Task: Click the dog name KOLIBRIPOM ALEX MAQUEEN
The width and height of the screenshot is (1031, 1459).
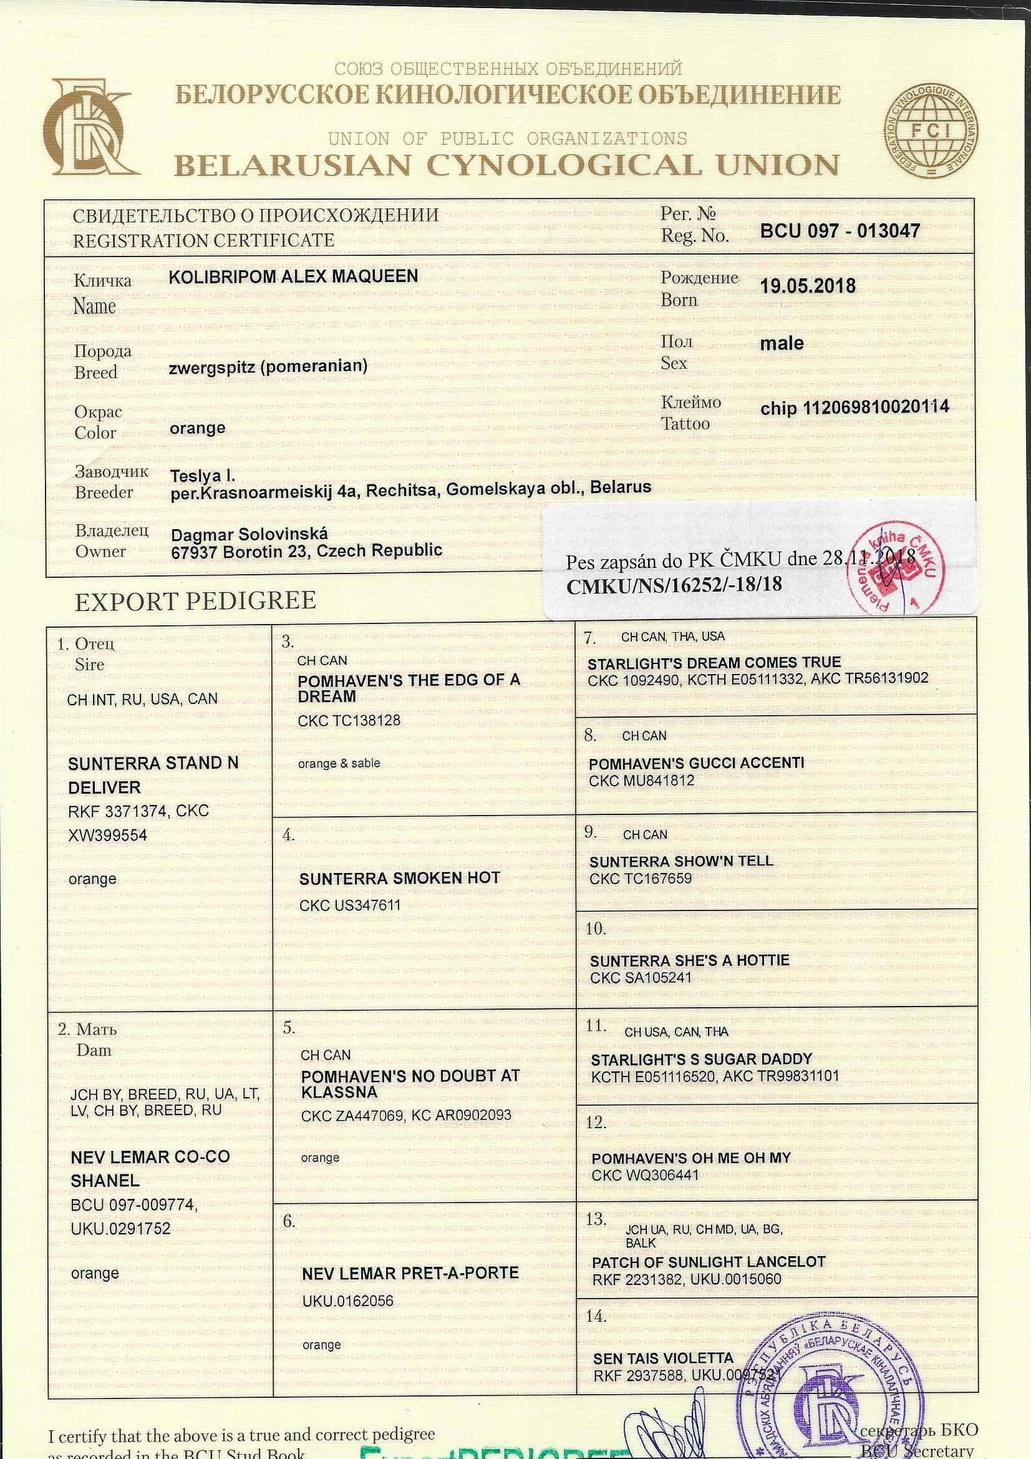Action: point(294,276)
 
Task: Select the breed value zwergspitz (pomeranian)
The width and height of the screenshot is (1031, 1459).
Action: point(269,366)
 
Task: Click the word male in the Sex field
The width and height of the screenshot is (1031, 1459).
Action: point(782,343)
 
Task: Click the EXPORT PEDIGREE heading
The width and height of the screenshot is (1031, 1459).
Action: point(195,600)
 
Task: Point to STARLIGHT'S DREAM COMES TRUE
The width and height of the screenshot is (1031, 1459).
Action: point(714,663)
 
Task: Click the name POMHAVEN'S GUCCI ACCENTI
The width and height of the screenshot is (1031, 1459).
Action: point(696,763)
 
